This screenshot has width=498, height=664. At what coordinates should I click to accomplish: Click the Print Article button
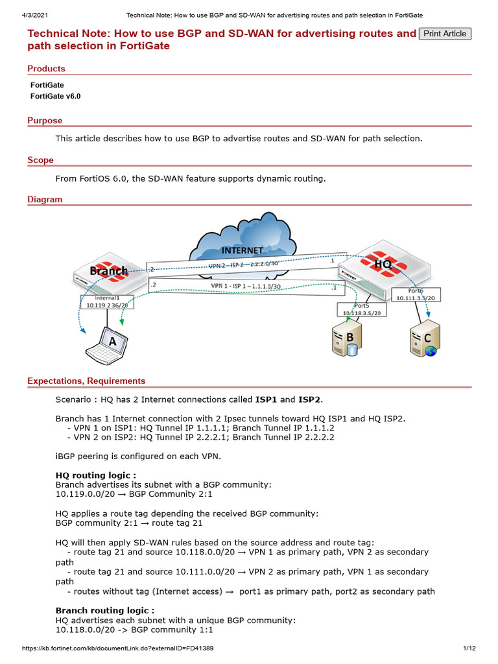[445, 34]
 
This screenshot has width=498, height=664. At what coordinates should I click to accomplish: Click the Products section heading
[46, 69]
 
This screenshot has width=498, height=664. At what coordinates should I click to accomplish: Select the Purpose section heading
[45, 121]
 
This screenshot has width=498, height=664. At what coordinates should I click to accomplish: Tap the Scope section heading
[40, 160]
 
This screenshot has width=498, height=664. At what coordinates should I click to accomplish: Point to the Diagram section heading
[45, 200]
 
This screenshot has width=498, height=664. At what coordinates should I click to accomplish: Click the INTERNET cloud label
[243, 250]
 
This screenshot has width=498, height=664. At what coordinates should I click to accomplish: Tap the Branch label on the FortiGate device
[108, 270]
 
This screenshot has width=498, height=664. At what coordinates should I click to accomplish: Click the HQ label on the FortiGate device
[383, 264]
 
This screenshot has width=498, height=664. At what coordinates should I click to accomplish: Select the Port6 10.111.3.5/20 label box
[418, 294]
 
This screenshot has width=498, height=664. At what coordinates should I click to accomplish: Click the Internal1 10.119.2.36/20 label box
[107, 302]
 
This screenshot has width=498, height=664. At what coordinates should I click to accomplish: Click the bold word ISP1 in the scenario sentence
[266, 399]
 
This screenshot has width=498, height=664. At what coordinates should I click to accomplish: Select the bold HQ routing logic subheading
[96, 475]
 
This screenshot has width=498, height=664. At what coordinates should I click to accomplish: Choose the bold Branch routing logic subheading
[105, 610]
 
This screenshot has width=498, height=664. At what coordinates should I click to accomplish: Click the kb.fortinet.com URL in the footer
[118, 648]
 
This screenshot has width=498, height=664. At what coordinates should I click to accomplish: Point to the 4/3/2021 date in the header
[27, 15]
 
